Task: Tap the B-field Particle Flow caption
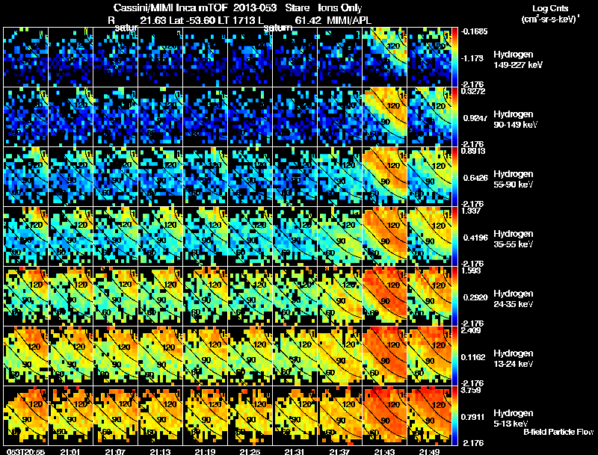(x=558, y=432)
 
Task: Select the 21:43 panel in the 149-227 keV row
(x=385, y=57)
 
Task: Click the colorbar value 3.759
(x=471, y=389)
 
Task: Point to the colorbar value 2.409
(x=471, y=329)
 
